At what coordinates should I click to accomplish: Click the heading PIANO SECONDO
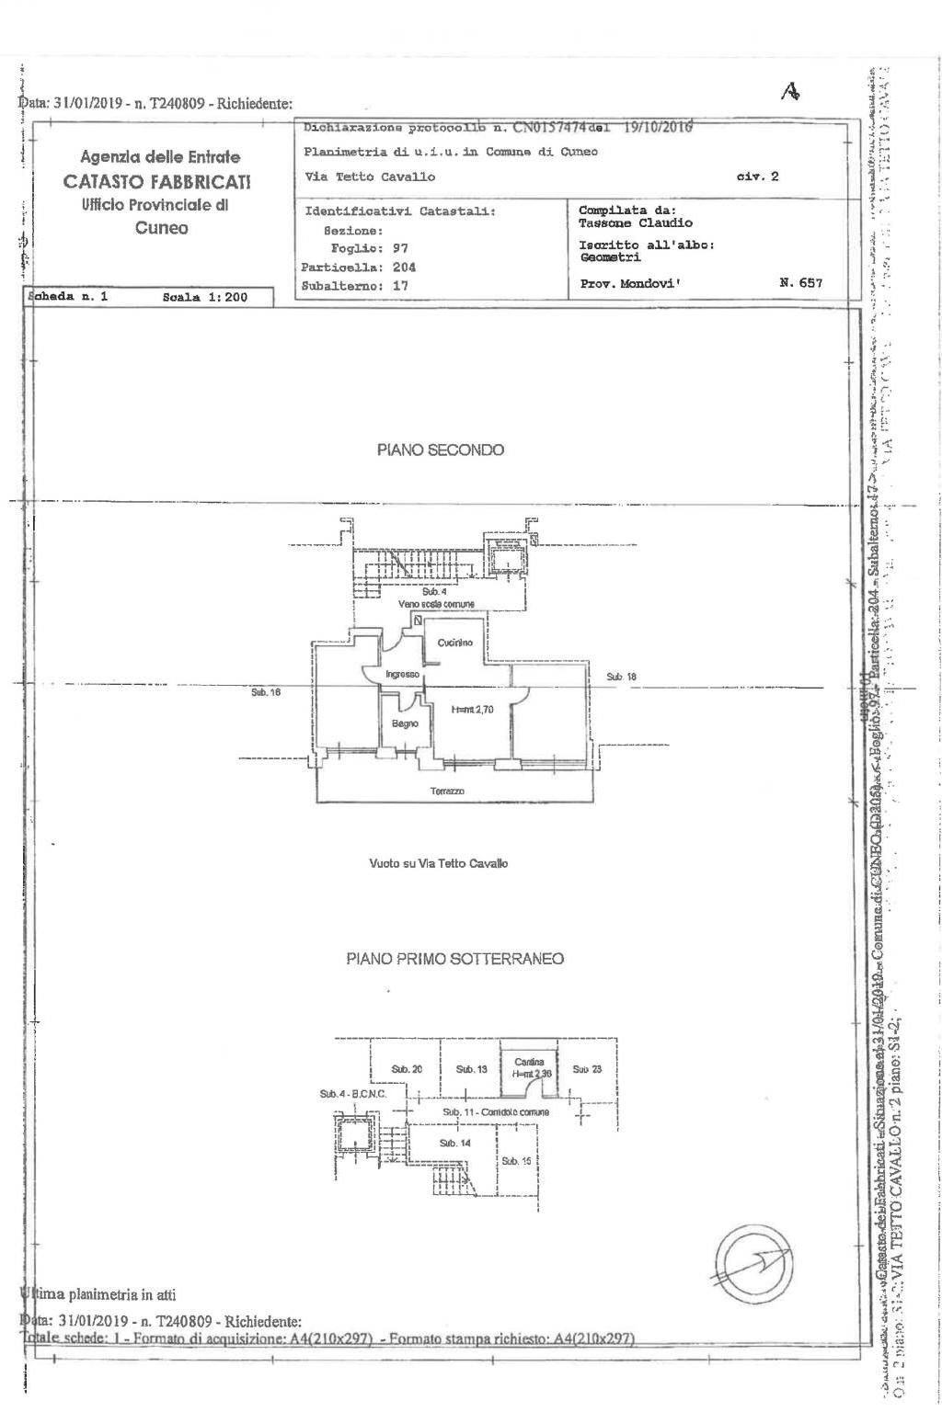[x=440, y=450]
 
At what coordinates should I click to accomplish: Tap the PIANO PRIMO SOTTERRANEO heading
[x=454, y=959]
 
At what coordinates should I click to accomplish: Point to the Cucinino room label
[x=454, y=643]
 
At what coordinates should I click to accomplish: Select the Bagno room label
[x=405, y=723]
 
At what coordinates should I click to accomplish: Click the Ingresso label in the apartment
[x=402, y=675]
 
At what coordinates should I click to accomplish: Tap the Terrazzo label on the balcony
[x=447, y=791]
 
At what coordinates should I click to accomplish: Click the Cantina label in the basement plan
[x=529, y=1062]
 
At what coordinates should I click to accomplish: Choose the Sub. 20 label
[x=407, y=1069]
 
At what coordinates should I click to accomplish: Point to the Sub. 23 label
[x=587, y=1069]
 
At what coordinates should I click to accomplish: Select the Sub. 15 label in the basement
[x=516, y=1161]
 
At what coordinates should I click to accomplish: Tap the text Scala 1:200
[x=204, y=297]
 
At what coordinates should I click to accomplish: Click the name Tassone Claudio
[x=636, y=223]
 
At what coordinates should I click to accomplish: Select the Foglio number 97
[x=399, y=248]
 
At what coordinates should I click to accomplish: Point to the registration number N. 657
[x=800, y=283]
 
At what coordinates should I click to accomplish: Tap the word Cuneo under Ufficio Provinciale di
[x=161, y=228]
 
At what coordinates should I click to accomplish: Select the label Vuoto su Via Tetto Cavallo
[x=438, y=864]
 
